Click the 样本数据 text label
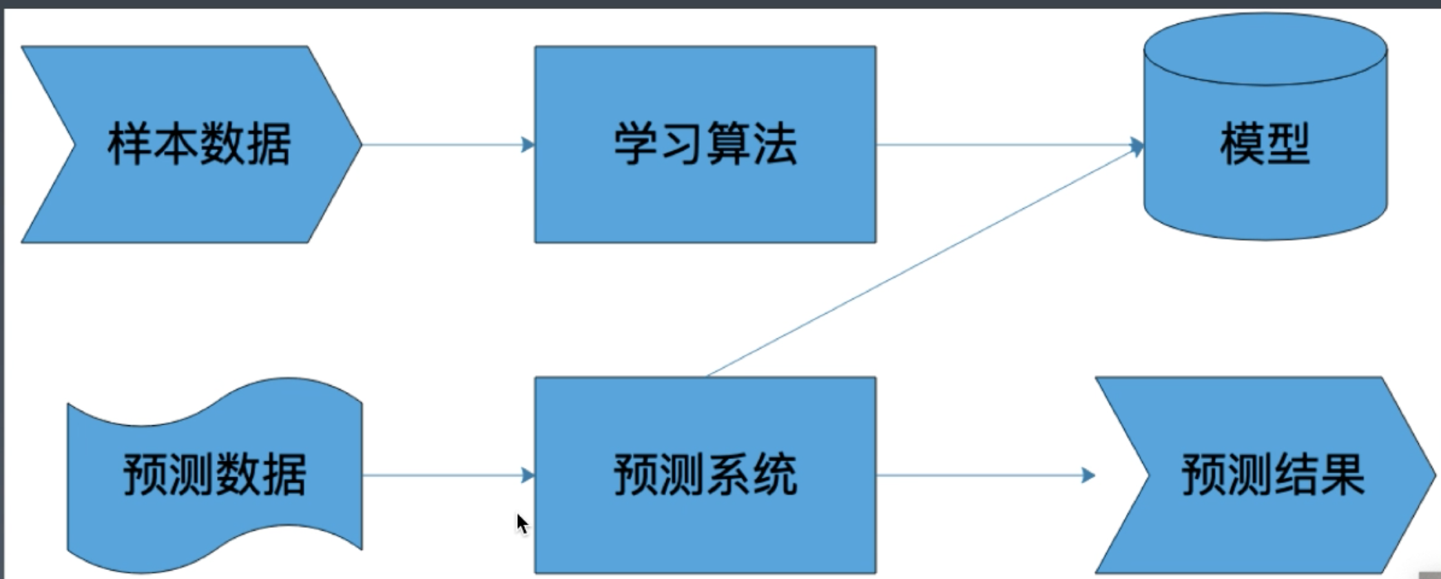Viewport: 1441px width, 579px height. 199,144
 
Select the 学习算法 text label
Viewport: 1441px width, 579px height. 705,144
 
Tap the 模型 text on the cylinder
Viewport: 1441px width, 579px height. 1265,144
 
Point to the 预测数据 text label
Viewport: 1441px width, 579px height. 214,475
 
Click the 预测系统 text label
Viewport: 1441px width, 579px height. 705,475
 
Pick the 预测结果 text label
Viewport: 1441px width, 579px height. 1273,475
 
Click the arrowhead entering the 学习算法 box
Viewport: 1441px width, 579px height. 528,145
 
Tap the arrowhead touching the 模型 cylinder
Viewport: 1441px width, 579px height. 1137,146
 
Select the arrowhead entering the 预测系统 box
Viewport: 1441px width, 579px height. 528,475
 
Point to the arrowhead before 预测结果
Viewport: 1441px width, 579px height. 1088,475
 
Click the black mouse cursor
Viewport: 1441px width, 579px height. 522,523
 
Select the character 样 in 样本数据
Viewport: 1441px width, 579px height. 129,144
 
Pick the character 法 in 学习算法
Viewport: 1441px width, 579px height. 775,144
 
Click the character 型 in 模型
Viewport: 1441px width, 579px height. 1287,144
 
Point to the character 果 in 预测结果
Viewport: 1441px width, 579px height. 1342,475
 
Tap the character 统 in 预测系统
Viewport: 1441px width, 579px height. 775,475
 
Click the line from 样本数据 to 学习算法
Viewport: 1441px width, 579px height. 441,145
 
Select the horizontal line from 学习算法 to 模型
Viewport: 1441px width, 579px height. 999,145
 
